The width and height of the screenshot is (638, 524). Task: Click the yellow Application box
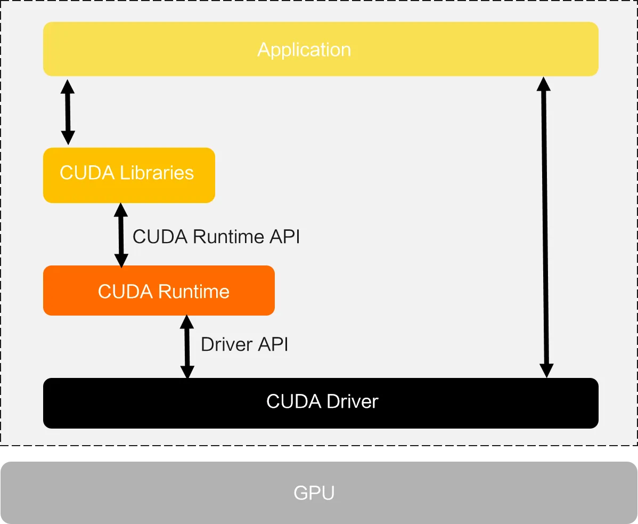pos(321,49)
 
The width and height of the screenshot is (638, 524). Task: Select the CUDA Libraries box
pos(129,175)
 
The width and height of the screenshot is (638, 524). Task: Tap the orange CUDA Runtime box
pos(159,291)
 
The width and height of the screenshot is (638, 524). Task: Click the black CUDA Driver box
pos(321,403)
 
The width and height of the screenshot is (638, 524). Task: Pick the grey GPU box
pos(319,493)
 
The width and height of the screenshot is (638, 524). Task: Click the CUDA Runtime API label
pos(216,237)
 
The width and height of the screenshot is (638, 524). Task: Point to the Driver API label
pos(244,344)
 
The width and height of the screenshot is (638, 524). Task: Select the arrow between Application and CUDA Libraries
pos(68,112)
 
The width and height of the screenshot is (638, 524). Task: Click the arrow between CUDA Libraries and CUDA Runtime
pos(121,235)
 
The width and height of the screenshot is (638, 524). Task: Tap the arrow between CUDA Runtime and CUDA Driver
pos(187,347)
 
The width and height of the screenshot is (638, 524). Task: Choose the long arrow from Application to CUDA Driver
pos(545,227)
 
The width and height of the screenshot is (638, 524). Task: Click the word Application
pos(304,50)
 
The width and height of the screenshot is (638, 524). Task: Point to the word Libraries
pos(157,173)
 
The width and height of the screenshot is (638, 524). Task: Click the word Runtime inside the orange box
pos(194,292)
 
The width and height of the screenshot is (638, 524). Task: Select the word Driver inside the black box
pos(353,401)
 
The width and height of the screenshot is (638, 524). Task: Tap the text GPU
pos(314,493)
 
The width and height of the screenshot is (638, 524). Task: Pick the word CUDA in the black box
pos(294,401)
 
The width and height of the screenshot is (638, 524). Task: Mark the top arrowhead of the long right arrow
pos(544,84)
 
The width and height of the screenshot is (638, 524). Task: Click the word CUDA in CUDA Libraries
pos(87,173)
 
